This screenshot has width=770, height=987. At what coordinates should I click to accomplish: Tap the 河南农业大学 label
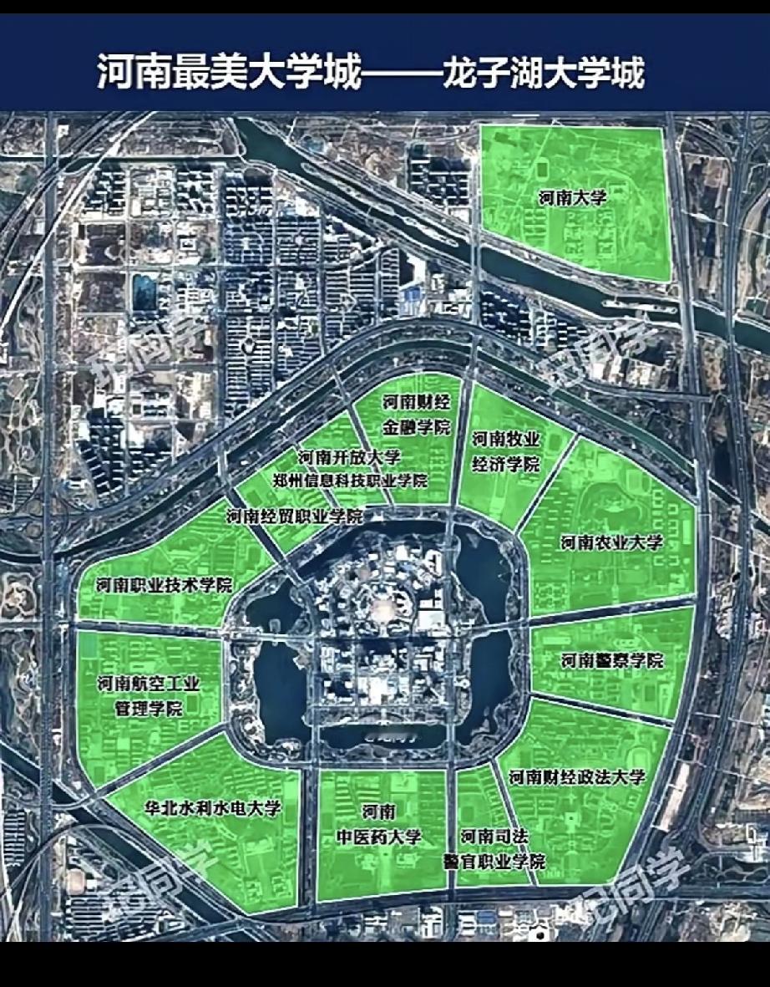(611, 543)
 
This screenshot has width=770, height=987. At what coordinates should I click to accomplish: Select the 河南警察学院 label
(612, 661)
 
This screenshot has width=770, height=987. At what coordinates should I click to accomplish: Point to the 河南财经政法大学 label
(577, 777)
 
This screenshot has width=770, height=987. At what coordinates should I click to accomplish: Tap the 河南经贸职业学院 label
(294, 516)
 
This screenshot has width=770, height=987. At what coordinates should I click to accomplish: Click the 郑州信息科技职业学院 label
(351, 481)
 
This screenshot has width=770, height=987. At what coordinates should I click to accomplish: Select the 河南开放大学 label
(349, 457)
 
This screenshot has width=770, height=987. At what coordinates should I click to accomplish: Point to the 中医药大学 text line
(378, 837)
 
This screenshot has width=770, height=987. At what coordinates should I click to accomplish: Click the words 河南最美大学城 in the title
(229, 74)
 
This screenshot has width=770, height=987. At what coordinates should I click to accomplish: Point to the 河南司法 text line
(494, 836)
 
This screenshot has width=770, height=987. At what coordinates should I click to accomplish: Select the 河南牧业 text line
(505, 439)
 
